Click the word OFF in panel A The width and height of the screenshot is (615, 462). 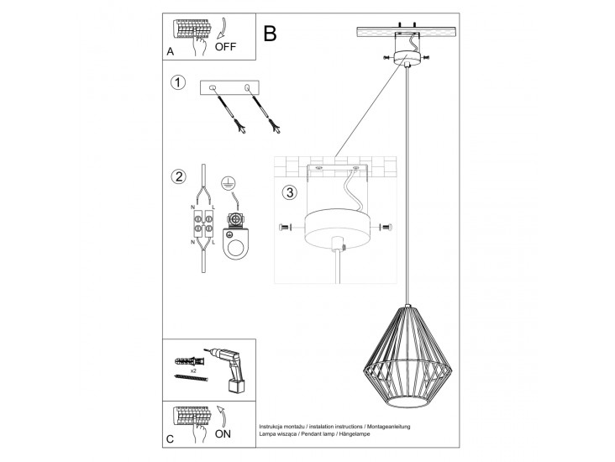pos(226,47)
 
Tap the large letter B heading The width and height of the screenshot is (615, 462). pos(270,34)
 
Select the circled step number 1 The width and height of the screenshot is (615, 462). pos(177,82)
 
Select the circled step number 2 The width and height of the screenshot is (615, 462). pos(177,176)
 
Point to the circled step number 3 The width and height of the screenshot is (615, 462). pos(289,192)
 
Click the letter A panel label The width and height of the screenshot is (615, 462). pos(171,52)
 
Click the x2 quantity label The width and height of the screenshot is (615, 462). pos(193,370)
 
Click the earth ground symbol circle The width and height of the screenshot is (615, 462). pos(228,183)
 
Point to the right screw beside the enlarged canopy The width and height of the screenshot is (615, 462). pos(386,227)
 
